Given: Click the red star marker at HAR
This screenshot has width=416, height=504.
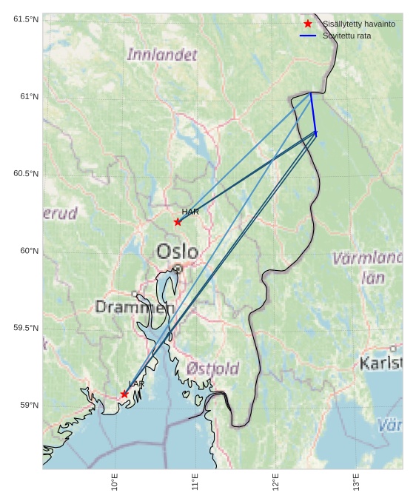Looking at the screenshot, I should tap(178, 222).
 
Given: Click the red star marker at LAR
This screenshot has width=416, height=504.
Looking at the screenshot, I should tap(124, 394).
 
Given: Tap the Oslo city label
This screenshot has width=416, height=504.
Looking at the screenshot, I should tap(177, 252).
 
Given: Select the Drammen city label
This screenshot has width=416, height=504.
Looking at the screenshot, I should tap(135, 306).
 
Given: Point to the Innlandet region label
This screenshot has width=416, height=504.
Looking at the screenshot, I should tap(162, 55).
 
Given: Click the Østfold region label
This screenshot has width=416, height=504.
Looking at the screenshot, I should tap(212, 368).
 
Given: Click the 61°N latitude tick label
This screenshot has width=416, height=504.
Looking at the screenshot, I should tap(26, 97).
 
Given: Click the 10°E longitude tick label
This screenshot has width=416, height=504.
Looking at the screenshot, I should tap(115, 482).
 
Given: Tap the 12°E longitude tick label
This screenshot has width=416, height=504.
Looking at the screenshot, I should tap(275, 482).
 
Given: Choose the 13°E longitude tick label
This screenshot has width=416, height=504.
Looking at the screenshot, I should tap(356, 482).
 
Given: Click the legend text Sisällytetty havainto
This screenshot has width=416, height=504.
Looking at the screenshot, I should tap(358, 24).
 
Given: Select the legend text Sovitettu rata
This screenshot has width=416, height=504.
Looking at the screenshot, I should tap(346, 36).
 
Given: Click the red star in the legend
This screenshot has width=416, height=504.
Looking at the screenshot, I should tap(308, 24).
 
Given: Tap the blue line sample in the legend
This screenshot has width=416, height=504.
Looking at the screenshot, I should tap(308, 36).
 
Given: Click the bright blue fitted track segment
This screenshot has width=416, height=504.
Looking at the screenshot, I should tap(313, 113).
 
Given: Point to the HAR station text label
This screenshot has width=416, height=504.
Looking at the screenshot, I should tap(190, 212).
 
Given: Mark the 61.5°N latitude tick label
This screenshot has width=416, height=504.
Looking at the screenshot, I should tap(26, 19).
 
